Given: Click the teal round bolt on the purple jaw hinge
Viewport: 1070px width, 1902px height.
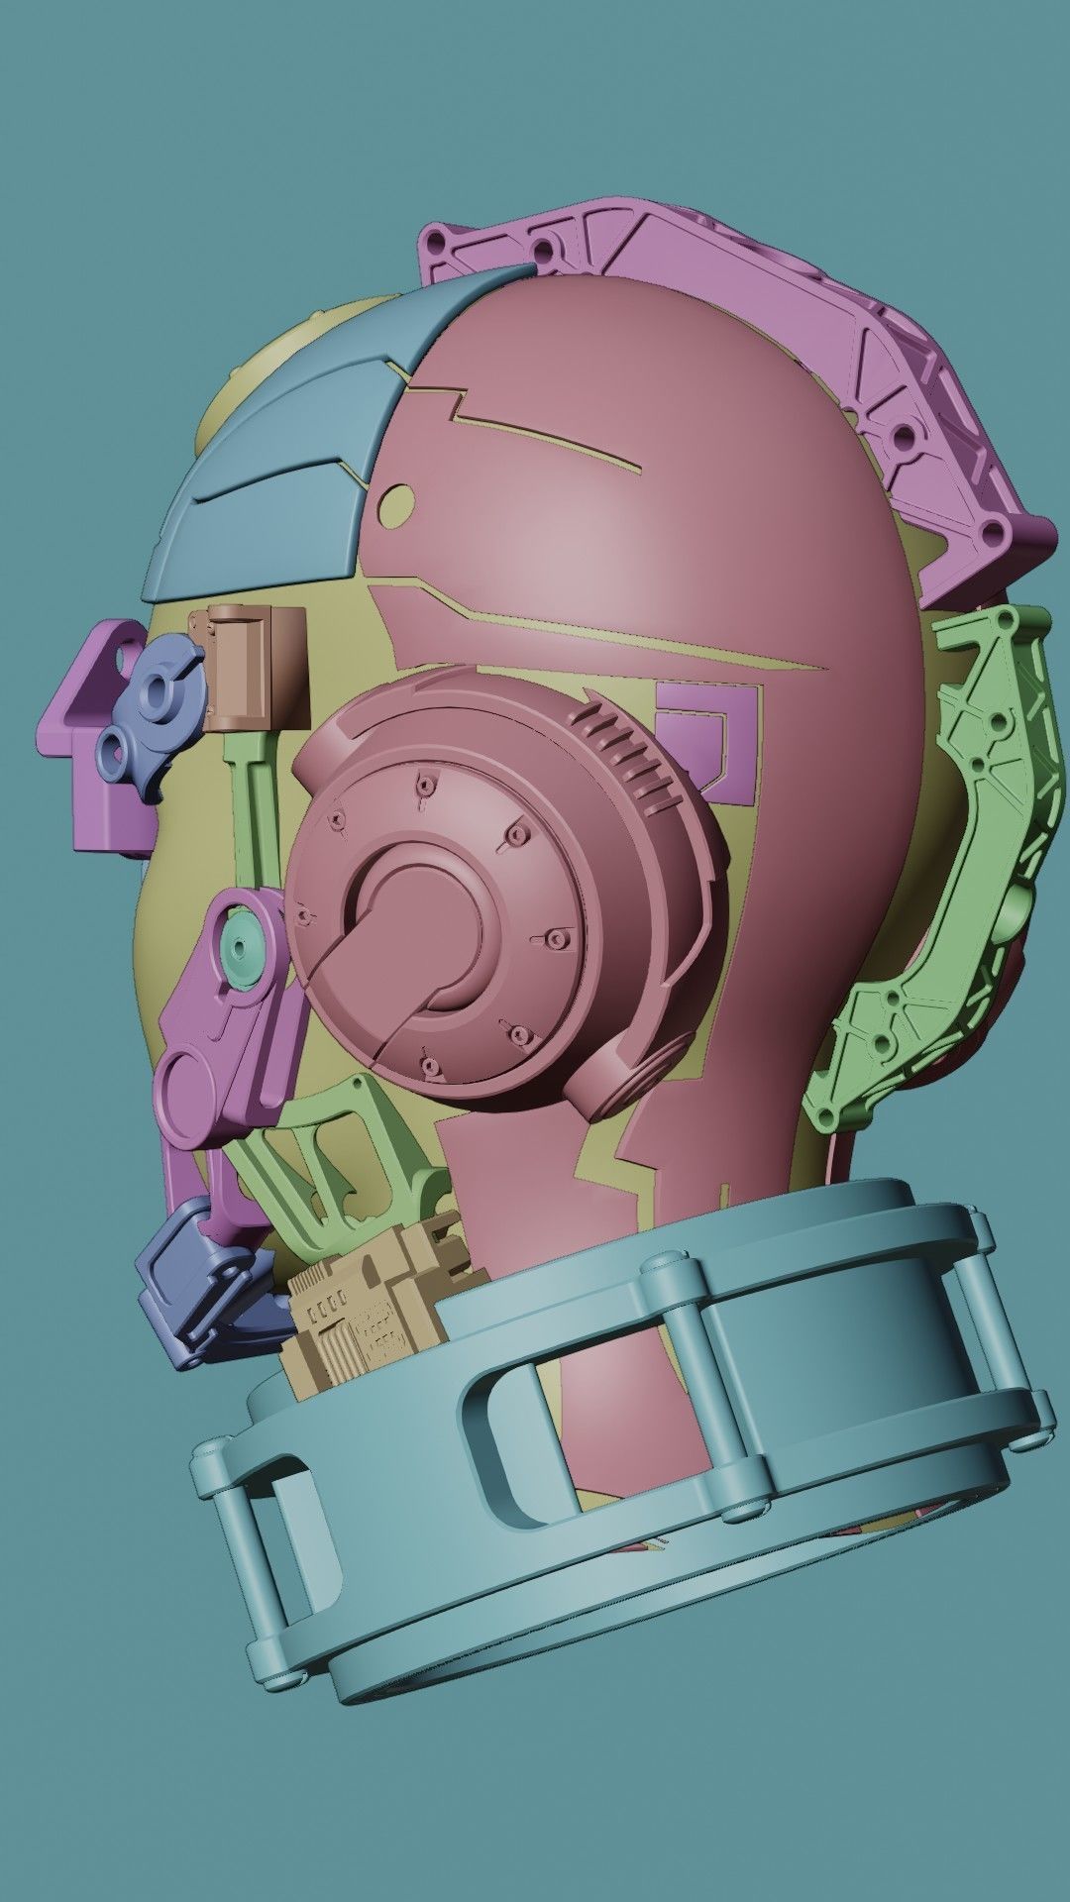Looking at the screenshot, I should tap(244, 939).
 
